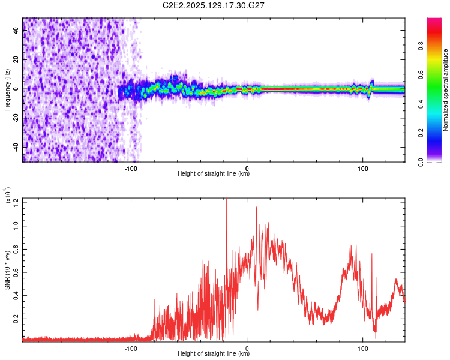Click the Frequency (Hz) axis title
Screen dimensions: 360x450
tap(8, 90)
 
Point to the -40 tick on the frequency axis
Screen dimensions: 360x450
tap(16, 147)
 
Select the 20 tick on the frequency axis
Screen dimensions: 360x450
tap(16, 59)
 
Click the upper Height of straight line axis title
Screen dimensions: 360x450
tap(214, 173)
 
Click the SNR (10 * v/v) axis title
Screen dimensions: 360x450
tap(8, 269)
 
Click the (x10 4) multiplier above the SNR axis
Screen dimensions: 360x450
tap(8, 196)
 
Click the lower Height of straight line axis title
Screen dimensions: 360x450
tap(214, 353)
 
